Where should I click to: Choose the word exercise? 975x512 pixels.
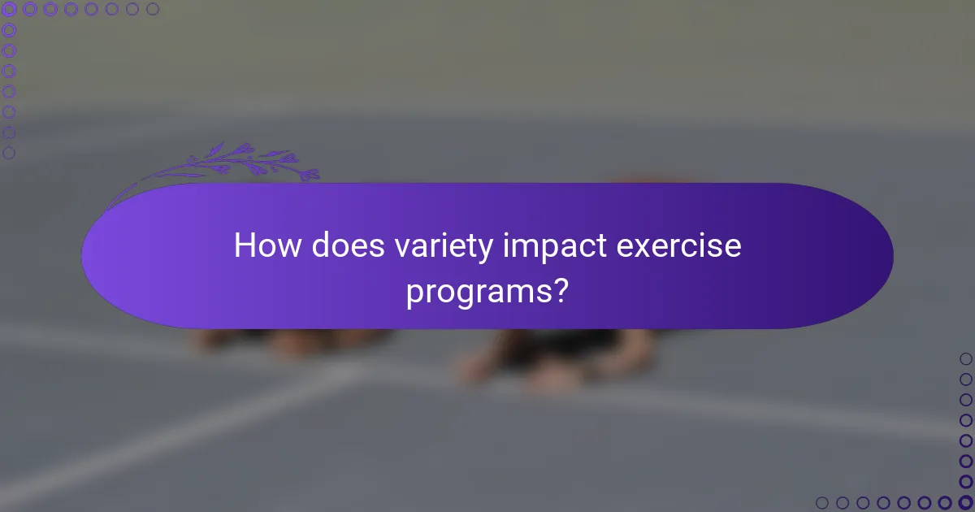[679, 245]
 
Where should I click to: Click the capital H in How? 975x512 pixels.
[244, 245]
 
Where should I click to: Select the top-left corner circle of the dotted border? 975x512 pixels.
[9, 10]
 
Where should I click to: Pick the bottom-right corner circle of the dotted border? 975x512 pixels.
[965, 502]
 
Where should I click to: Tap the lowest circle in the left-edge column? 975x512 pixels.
[9, 152]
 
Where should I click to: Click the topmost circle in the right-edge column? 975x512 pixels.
[965, 358]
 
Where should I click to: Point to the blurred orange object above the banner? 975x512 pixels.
[650, 180]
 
